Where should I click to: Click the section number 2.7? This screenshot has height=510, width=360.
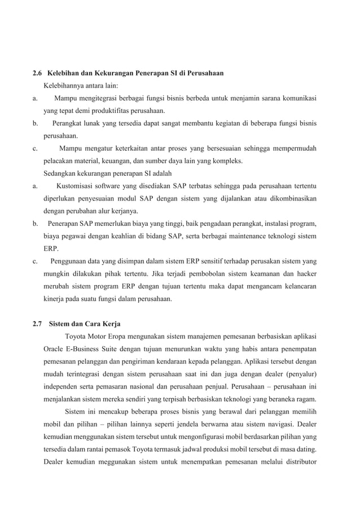click(x=38, y=324)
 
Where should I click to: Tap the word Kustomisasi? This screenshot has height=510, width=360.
click(x=77, y=186)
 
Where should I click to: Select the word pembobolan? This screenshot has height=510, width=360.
click(x=179, y=274)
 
